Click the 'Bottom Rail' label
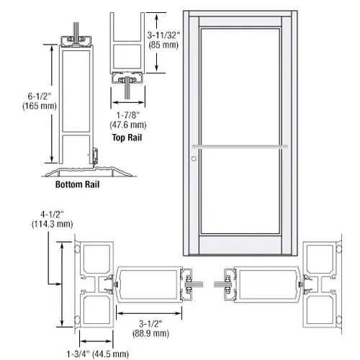(x=77, y=184)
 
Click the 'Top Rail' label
(x=127, y=138)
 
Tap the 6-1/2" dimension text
(x=40, y=96)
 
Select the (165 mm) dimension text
(x=40, y=106)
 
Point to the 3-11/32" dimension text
(x=163, y=35)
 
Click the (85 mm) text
(x=163, y=45)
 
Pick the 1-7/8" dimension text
(x=128, y=115)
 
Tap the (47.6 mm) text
(x=128, y=125)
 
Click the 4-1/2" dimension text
(x=52, y=214)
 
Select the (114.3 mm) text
(x=52, y=224)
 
